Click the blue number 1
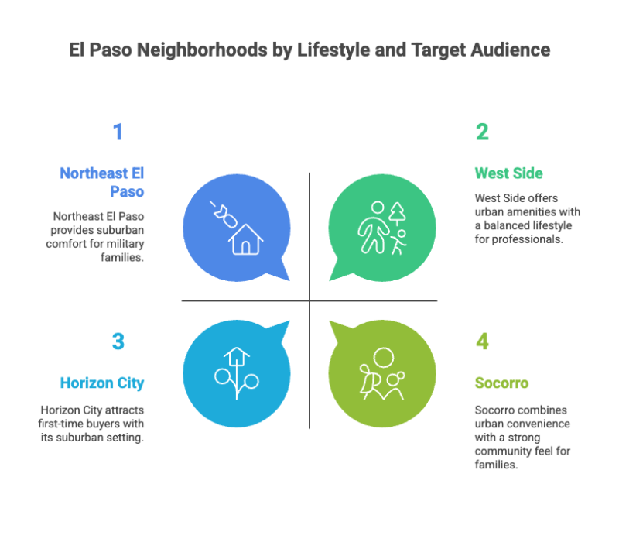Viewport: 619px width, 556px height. [118, 132]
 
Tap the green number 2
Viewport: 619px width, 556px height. [482, 132]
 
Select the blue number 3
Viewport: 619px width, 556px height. [118, 341]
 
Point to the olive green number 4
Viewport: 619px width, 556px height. [482, 341]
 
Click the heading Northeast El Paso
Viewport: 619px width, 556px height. [102, 183]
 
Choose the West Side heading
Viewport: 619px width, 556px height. [508, 173]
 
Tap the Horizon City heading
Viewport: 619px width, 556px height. [103, 383]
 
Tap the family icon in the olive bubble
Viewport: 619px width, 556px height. [383, 375]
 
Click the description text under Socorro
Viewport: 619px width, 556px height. [522, 438]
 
